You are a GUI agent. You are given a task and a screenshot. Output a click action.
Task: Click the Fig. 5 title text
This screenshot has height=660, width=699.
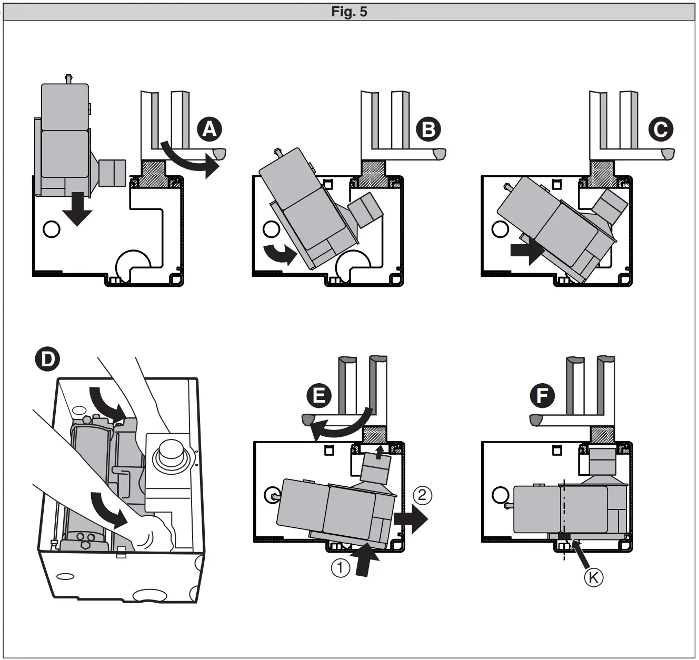pyautogui.click(x=349, y=12)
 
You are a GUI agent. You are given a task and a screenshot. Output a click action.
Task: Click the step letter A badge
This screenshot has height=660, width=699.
pyautogui.click(x=209, y=129)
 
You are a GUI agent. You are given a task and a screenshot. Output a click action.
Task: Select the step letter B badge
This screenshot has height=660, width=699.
pyautogui.click(x=428, y=129)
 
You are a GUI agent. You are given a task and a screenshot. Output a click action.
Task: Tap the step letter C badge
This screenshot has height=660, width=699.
pyautogui.click(x=661, y=129)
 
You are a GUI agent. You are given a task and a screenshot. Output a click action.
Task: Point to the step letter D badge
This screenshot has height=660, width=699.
pyautogui.click(x=47, y=359)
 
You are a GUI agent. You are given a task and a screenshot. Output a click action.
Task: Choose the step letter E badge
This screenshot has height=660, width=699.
pyautogui.click(x=319, y=395)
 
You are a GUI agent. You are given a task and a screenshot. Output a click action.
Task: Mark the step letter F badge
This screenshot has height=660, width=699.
pyautogui.click(x=542, y=395)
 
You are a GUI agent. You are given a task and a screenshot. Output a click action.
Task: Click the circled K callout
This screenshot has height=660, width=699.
pyautogui.click(x=593, y=577)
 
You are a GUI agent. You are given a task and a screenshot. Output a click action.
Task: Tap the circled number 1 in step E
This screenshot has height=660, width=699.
pyautogui.click(x=340, y=568)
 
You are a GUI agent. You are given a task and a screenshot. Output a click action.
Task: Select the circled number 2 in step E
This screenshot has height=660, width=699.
pyautogui.click(x=422, y=494)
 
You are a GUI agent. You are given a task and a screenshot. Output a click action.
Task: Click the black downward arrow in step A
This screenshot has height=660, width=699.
pyautogui.click(x=77, y=209)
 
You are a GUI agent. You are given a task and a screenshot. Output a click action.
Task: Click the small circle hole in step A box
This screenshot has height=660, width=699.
pyautogui.click(x=52, y=229)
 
